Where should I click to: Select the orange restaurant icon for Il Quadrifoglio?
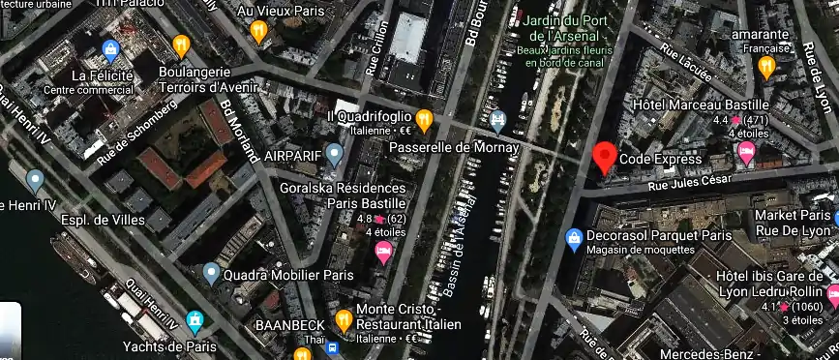click(424, 118)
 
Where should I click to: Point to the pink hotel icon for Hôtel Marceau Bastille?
click(746, 152)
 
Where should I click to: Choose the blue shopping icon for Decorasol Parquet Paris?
click(574, 236)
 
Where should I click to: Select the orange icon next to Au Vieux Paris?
click(258, 31)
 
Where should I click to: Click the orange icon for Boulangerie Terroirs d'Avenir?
click(180, 45)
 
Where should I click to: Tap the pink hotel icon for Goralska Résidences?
click(383, 252)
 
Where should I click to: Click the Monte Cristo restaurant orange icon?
click(343, 319)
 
